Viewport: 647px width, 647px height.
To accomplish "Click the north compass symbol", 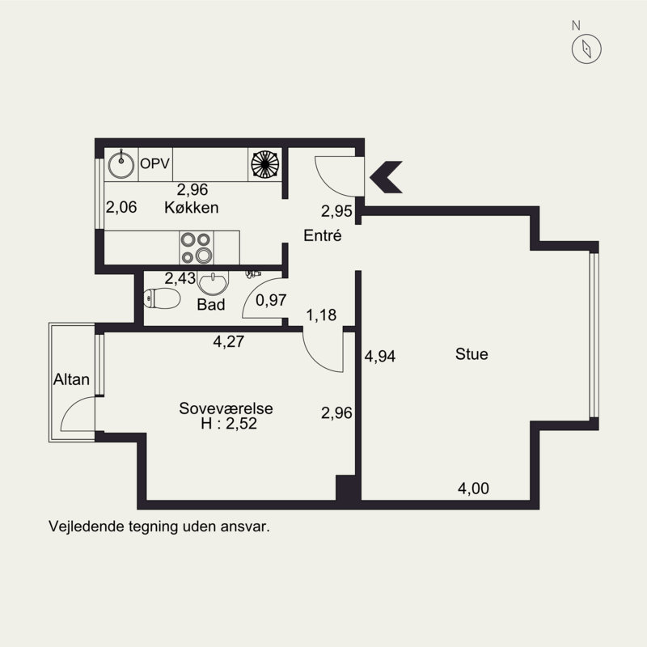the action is click(586, 49).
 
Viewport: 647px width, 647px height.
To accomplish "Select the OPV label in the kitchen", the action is click(154, 164).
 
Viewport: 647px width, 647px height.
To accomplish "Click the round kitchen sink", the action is click(121, 165).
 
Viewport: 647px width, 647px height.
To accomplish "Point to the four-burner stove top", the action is click(197, 247).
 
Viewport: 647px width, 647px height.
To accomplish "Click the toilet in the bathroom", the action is click(162, 298).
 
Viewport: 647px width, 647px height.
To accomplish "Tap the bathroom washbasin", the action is click(213, 283).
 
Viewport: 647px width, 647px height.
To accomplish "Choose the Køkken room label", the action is click(192, 207).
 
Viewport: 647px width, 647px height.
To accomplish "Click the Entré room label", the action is click(323, 235).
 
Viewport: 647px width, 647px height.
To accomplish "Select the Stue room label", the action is click(472, 354).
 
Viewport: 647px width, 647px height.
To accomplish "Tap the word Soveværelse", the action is click(226, 408).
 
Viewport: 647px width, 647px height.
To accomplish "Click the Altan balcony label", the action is click(71, 379).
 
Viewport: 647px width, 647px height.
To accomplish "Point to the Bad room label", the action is click(211, 305).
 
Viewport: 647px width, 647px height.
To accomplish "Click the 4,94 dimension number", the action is click(380, 356).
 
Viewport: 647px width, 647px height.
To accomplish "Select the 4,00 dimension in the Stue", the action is click(473, 488).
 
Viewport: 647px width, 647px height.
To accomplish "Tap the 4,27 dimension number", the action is click(229, 341).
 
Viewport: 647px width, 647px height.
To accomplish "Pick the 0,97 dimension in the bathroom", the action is click(271, 300).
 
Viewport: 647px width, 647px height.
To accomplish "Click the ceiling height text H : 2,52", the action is click(229, 424).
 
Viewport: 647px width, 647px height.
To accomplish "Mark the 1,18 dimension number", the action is click(321, 315).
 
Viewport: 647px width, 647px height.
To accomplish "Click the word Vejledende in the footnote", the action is click(87, 526).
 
